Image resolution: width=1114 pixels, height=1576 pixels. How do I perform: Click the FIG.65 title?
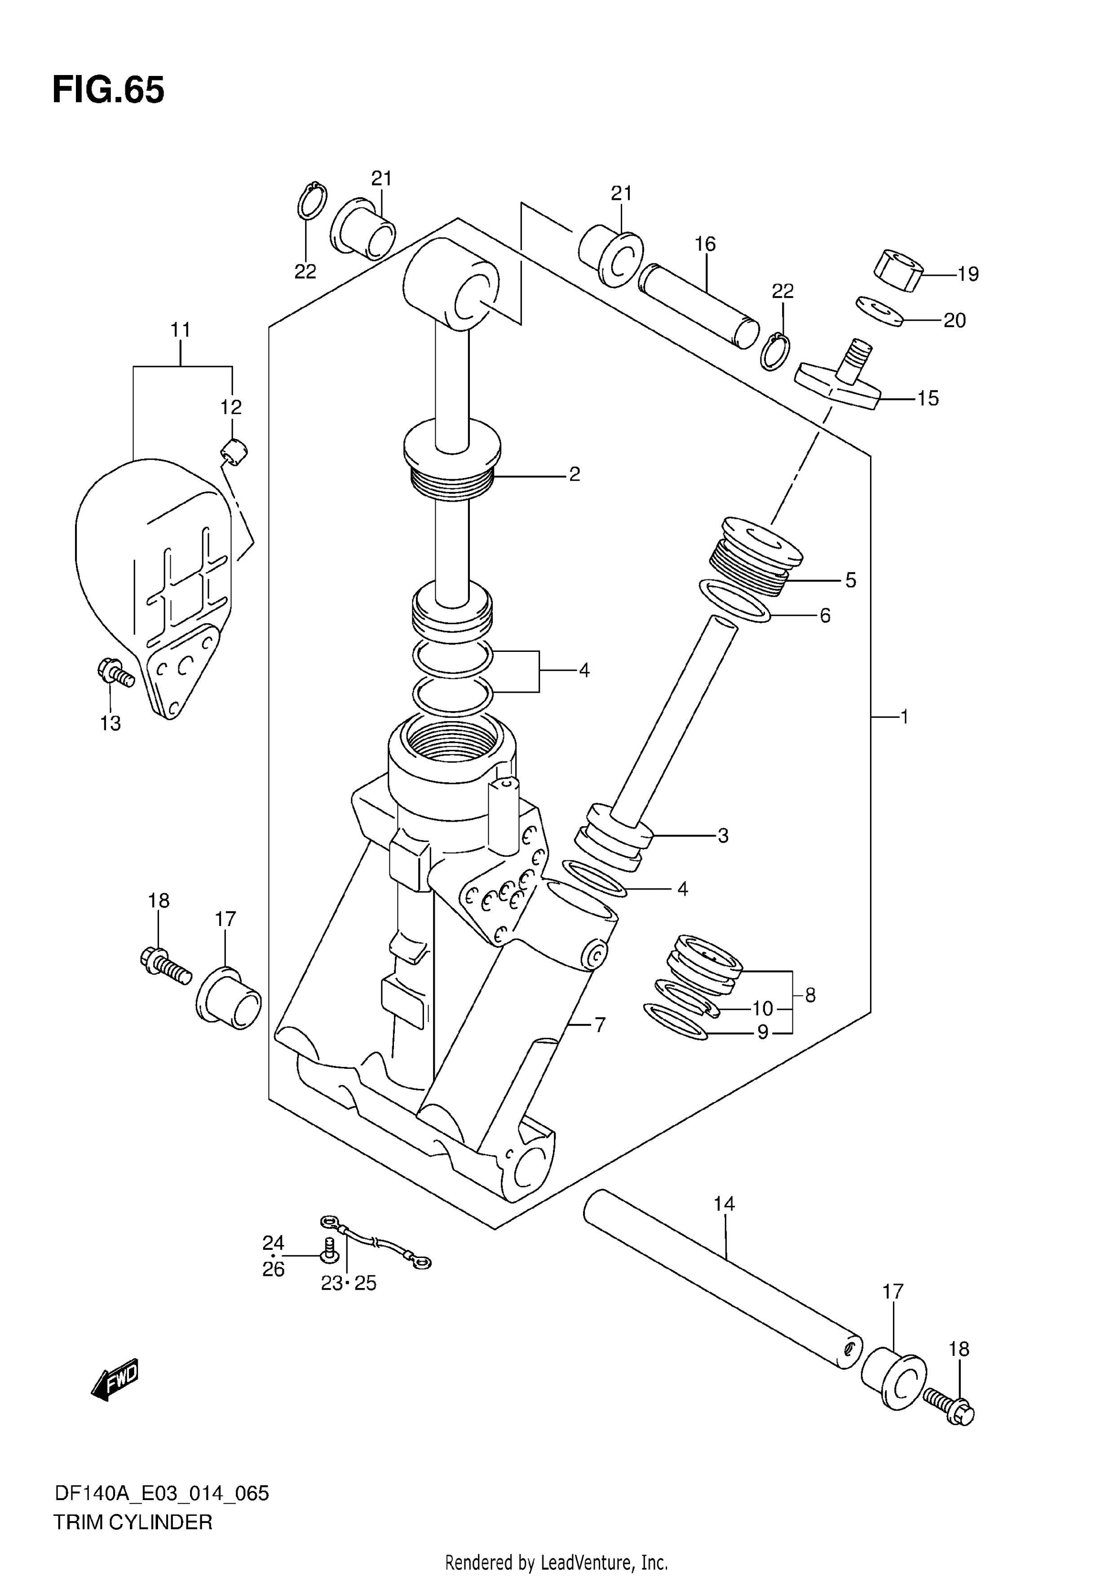click(x=108, y=90)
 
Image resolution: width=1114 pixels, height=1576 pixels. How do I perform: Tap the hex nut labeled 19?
click(x=898, y=272)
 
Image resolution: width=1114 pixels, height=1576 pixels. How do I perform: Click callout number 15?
click(x=928, y=398)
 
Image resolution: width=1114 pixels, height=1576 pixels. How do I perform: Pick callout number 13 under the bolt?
click(x=111, y=723)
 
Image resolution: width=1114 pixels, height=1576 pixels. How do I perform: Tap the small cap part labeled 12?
click(x=234, y=453)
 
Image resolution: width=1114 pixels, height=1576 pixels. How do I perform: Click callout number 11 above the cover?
click(x=181, y=330)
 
